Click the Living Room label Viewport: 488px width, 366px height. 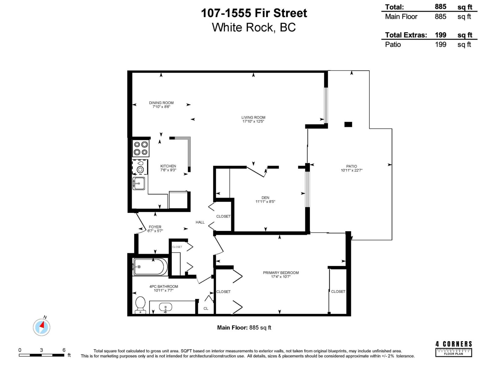tap(253, 117)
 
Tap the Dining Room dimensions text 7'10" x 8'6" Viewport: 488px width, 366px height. tap(161, 107)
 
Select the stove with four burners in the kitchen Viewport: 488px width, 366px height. tap(141, 149)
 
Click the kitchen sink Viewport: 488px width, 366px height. tap(139, 183)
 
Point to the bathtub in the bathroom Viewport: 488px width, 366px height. tap(150, 267)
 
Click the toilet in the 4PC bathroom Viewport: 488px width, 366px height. tap(140, 304)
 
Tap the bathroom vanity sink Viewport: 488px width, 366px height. tap(165, 307)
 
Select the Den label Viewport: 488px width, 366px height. tap(265, 198)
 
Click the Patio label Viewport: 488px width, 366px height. tap(351, 167)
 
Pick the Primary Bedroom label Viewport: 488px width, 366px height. tap(281, 273)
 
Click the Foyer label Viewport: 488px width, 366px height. tap(155, 227)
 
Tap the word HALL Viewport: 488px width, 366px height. tap(200, 222)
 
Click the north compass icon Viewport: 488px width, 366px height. tap(41, 327)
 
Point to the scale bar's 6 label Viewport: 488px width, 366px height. tap(64, 350)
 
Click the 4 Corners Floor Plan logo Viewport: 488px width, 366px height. tap(454, 349)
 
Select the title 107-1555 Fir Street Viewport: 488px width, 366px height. tap(254, 13)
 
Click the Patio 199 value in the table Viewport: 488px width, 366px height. tap(440, 45)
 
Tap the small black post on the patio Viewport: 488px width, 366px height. tap(348, 124)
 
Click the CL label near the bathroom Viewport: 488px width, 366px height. tap(206, 309)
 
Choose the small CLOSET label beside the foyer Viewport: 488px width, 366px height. tap(177, 247)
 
